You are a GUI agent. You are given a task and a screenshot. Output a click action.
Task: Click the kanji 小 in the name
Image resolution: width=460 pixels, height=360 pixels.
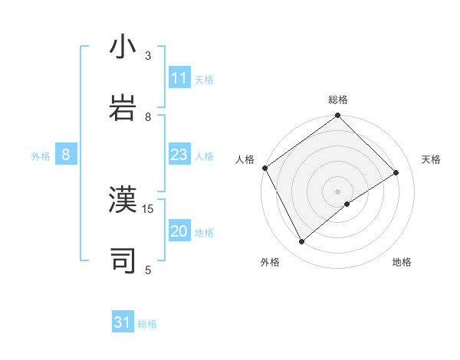(x=123, y=47)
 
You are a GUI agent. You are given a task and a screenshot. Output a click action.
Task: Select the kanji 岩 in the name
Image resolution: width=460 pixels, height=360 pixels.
(x=123, y=106)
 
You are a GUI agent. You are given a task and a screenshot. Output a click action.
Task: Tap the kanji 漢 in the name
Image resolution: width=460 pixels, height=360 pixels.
(x=123, y=201)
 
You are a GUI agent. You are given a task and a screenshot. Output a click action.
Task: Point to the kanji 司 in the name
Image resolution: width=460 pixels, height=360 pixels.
(x=123, y=260)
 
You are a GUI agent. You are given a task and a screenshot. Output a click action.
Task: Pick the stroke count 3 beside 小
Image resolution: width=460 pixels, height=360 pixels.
(x=149, y=56)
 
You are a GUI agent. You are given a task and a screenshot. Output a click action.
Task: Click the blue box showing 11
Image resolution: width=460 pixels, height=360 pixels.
(x=179, y=78)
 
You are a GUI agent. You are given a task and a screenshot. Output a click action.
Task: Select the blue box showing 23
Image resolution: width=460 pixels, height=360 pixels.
(x=179, y=155)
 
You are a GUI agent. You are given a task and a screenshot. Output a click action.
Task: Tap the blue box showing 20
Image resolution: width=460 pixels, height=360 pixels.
(x=179, y=231)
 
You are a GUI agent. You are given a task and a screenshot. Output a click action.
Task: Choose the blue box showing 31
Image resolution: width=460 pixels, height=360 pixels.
(x=123, y=322)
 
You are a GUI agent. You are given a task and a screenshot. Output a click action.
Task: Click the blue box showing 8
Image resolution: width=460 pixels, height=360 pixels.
(x=66, y=155)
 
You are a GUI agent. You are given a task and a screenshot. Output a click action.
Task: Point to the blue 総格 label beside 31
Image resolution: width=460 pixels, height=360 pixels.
(x=147, y=324)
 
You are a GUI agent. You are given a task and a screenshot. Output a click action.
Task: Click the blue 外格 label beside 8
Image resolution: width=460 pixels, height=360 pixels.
(x=41, y=156)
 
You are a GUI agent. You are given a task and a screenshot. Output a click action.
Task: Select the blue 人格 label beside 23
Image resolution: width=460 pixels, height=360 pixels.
(x=204, y=156)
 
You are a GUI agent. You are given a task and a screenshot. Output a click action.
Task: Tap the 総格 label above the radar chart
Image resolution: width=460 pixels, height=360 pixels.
(x=338, y=100)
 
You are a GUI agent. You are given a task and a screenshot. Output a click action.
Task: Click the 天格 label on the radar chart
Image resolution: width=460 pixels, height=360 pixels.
(x=431, y=159)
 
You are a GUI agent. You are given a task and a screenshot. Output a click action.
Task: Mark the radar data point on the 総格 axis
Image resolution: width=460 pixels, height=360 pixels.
(x=338, y=116)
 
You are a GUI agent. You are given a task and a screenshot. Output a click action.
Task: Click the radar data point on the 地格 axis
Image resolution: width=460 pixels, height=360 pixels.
(x=347, y=204)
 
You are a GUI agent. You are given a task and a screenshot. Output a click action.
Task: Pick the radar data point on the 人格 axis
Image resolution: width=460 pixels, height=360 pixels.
(x=264, y=168)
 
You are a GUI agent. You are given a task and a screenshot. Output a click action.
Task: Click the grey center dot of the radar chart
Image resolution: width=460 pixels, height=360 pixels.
(x=338, y=191)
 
